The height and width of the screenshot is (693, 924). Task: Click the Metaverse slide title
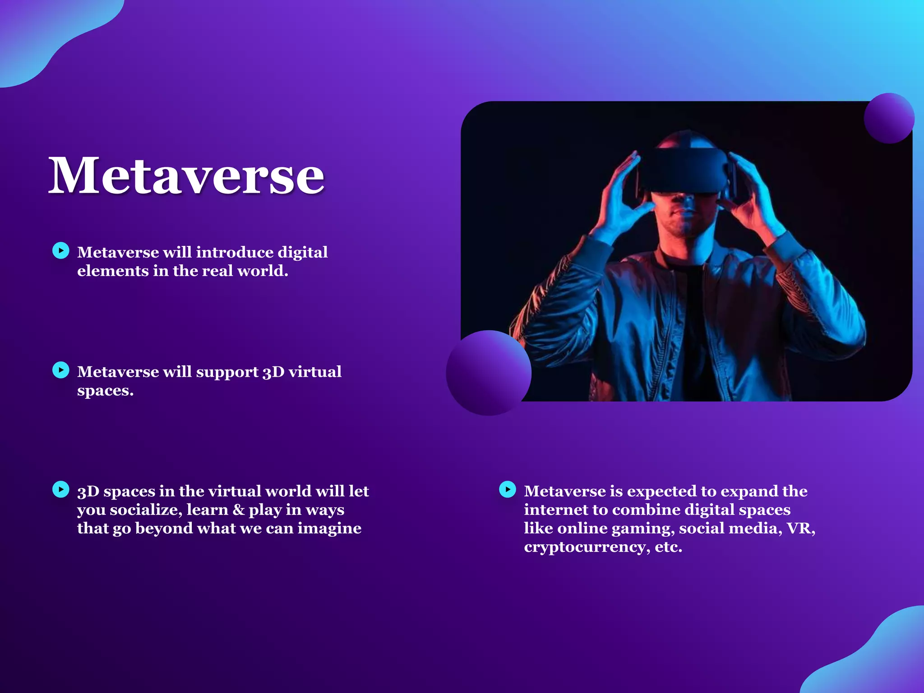click(x=186, y=176)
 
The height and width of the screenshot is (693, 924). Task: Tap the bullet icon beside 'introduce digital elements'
click(x=61, y=250)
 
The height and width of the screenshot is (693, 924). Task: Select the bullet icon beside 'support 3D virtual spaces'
click(x=61, y=370)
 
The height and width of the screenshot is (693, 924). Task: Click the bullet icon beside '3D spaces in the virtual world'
click(x=61, y=490)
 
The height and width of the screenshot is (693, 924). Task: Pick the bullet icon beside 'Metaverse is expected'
click(x=508, y=490)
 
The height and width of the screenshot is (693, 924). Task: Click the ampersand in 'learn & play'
click(x=238, y=510)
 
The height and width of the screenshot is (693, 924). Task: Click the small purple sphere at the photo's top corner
click(x=889, y=118)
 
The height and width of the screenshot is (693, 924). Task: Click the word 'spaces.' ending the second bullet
click(x=105, y=391)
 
